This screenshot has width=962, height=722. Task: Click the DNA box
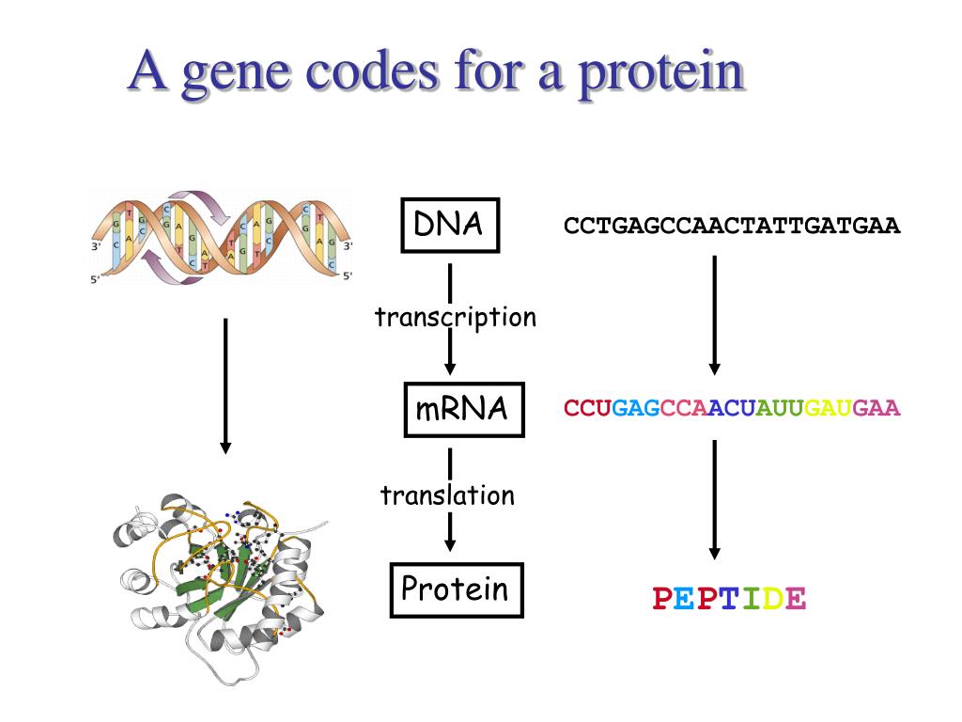coord(450,226)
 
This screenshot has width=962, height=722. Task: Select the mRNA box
coord(463,409)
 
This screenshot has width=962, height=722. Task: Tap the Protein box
coord(457,589)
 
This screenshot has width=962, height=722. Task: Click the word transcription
coord(456,318)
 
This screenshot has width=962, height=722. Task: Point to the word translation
coord(447,495)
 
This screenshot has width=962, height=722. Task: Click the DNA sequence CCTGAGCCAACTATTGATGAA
coord(732,227)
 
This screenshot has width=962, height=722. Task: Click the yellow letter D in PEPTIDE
coord(770,598)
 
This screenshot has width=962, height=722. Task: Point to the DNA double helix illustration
coord(223,235)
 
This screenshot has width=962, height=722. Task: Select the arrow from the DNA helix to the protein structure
coord(225,385)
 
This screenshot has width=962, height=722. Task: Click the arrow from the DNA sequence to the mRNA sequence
coord(714,315)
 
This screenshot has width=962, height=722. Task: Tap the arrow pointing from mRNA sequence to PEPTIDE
coord(714,498)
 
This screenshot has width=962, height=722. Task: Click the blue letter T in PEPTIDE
coord(728,598)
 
